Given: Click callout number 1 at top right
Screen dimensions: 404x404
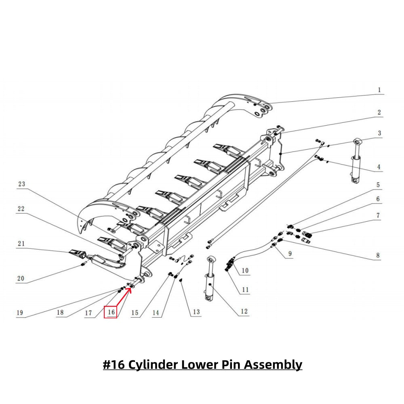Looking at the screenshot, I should click(x=379, y=90).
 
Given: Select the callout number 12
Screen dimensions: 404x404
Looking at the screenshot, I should click(x=244, y=311).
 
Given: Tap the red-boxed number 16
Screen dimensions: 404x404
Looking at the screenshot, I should click(x=111, y=312).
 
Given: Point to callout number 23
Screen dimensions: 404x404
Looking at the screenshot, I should click(x=21, y=184).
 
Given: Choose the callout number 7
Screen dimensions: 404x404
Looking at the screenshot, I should click(x=378, y=216).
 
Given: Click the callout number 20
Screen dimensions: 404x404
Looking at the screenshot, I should click(x=21, y=278).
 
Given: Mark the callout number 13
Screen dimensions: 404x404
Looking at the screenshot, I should click(x=196, y=312).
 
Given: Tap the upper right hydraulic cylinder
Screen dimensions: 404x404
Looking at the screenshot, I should click(x=356, y=162).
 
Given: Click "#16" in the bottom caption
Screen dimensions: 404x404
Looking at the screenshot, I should click(x=114, y=365).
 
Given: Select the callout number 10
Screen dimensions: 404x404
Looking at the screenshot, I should click(x=245, y=270).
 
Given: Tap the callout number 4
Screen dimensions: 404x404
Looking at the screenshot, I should click(x=379, y=166).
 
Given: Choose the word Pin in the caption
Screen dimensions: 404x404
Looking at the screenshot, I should click(x=227, y=365).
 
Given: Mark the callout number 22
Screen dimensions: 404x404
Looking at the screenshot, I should click(x=21, y=208).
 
